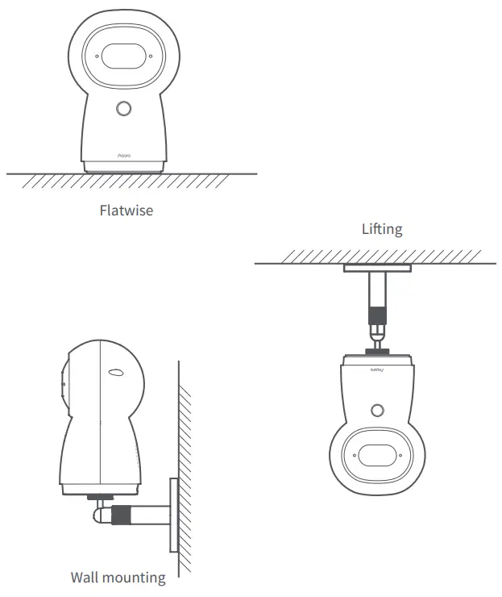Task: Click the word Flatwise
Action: tap(127, 211)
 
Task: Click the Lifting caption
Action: tap(381, 229)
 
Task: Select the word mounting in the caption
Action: tap(138, 578)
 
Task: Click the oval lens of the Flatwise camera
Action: tap(123, 58)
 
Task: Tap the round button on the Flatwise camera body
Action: tap(123, 109)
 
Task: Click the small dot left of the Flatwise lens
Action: tap(97, 57)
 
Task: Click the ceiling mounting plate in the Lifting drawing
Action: tap(377, 268)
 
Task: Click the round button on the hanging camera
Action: tap(377, 410)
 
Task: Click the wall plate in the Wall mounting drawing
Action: tap(173, 515)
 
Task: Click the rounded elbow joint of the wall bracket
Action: tap(99, 511)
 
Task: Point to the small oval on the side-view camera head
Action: tap(115, 373)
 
